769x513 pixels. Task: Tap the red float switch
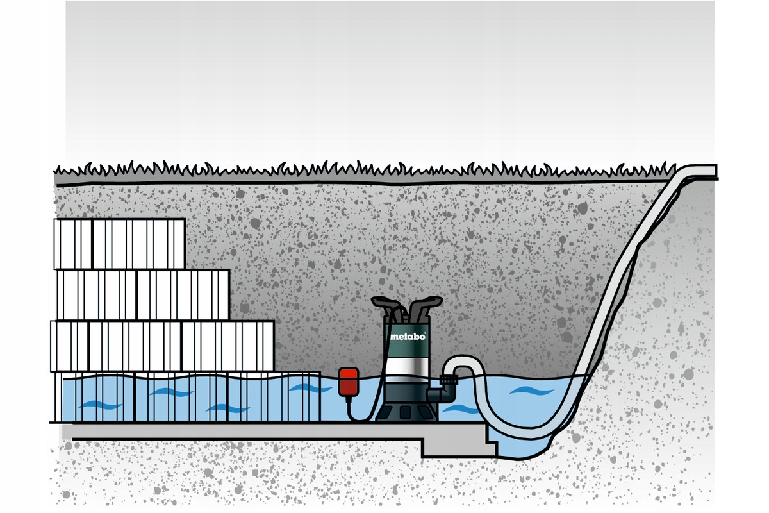(349, 382)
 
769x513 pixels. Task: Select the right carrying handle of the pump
(427, 304)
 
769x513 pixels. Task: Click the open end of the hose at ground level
(713, 171)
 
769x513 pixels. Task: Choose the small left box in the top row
(73, 244)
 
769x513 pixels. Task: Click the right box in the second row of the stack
(183, 294)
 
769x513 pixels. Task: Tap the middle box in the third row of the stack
(135, 346)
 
